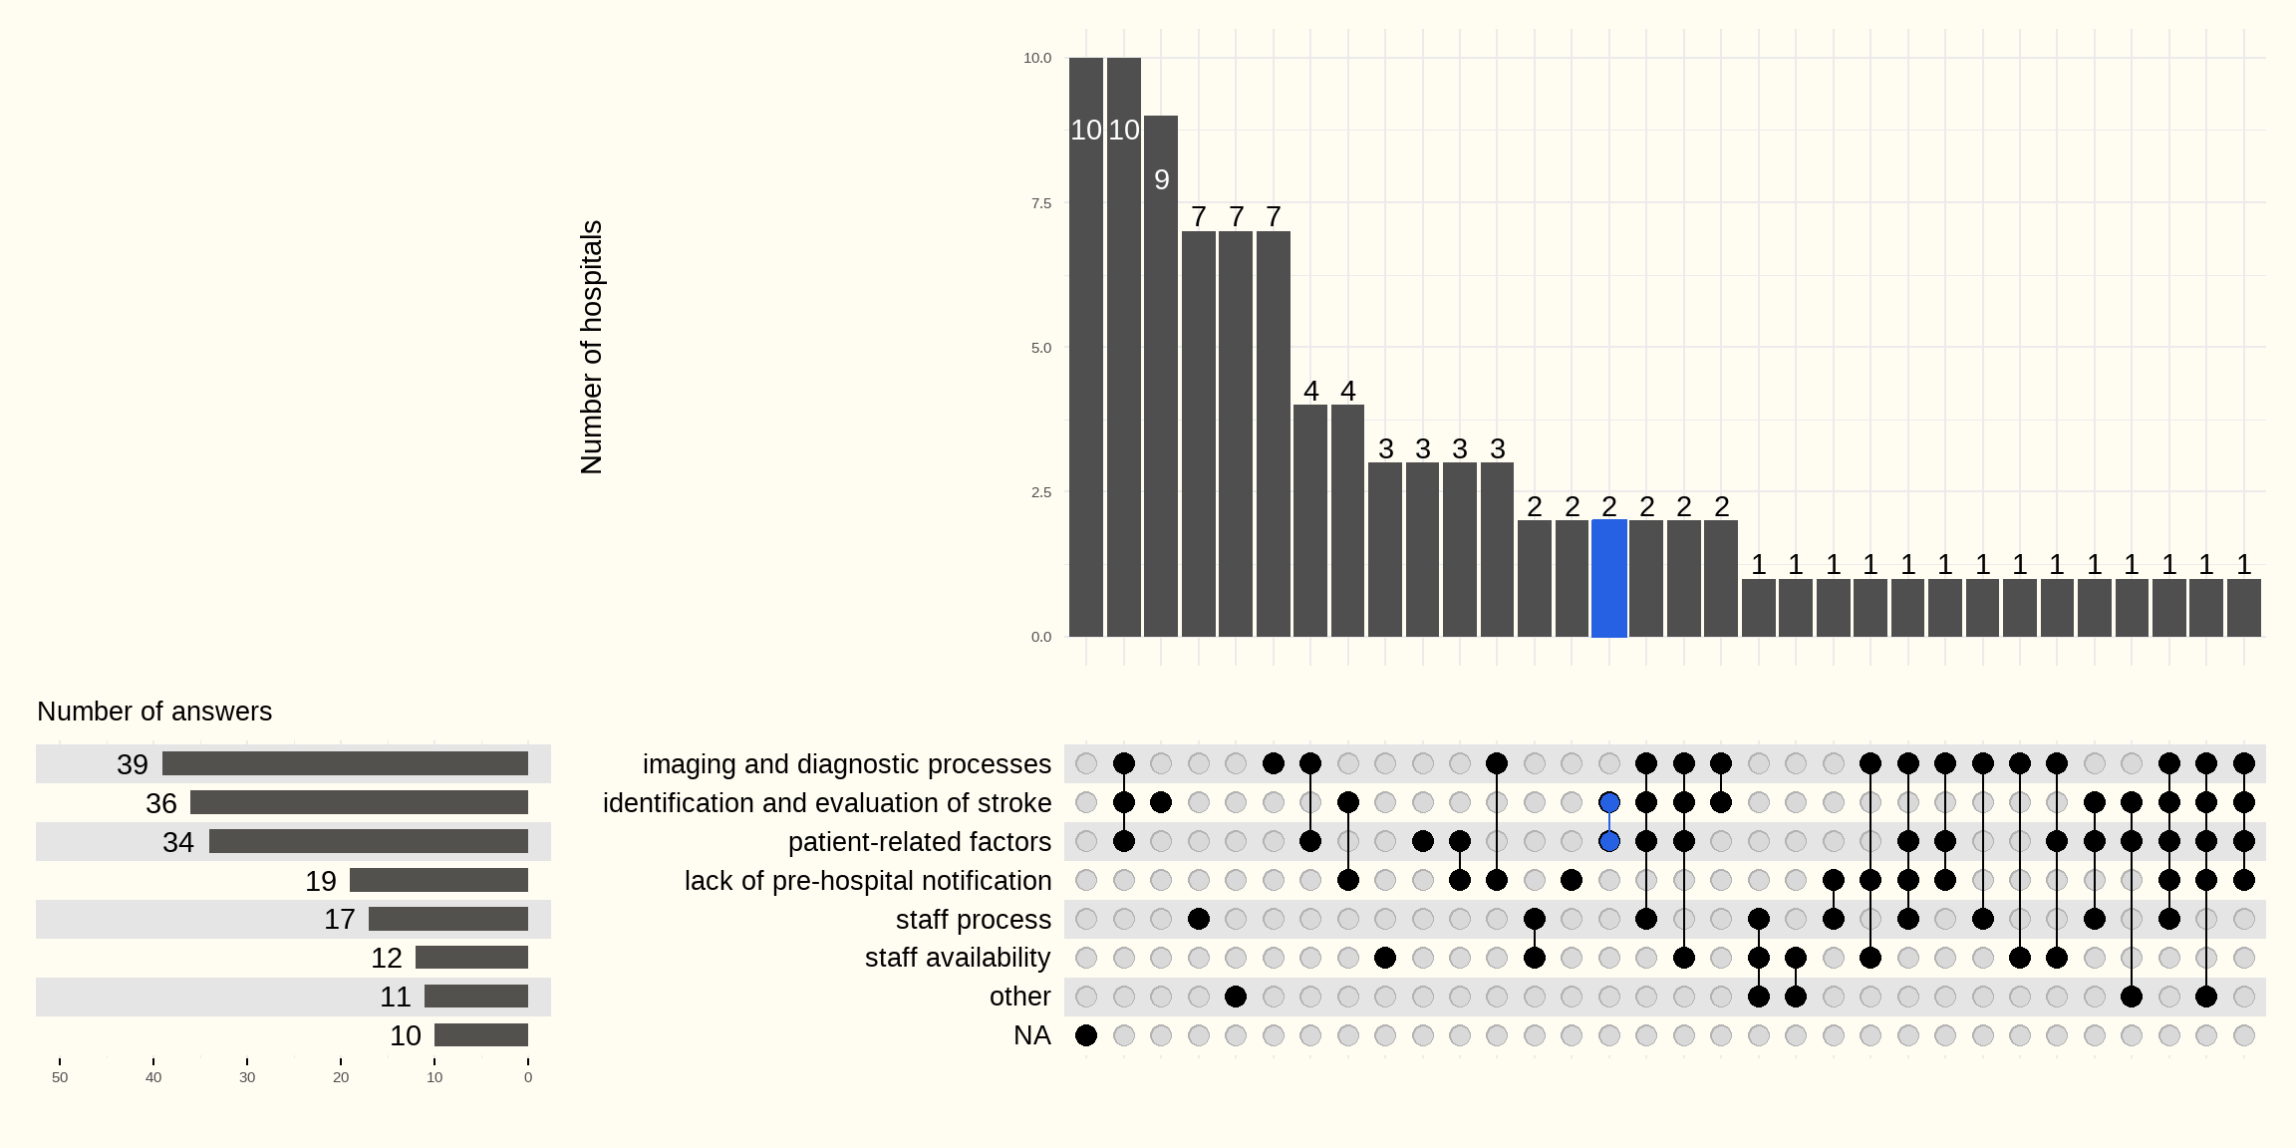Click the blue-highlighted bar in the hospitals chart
(1609, 578)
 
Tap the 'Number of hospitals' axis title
(591, 347)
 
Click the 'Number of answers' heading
(154, 712)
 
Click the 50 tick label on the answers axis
(60, 1077)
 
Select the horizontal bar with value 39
(345, 763)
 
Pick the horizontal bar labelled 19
(438, 880)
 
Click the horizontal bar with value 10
(481, 1035)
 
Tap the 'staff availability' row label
(957, 958)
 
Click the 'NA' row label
(1031, 1035)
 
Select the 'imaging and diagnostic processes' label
(846, 763)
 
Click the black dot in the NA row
(1086, 1035)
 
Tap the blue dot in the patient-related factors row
(1609, 841)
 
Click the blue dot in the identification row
(1609, 802)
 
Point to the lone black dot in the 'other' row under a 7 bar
(1236, 997)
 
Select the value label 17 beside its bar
(339, 919)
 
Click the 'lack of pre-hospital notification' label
(867, 880)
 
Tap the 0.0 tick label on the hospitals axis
(1040, 637)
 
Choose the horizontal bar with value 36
(359, 802)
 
